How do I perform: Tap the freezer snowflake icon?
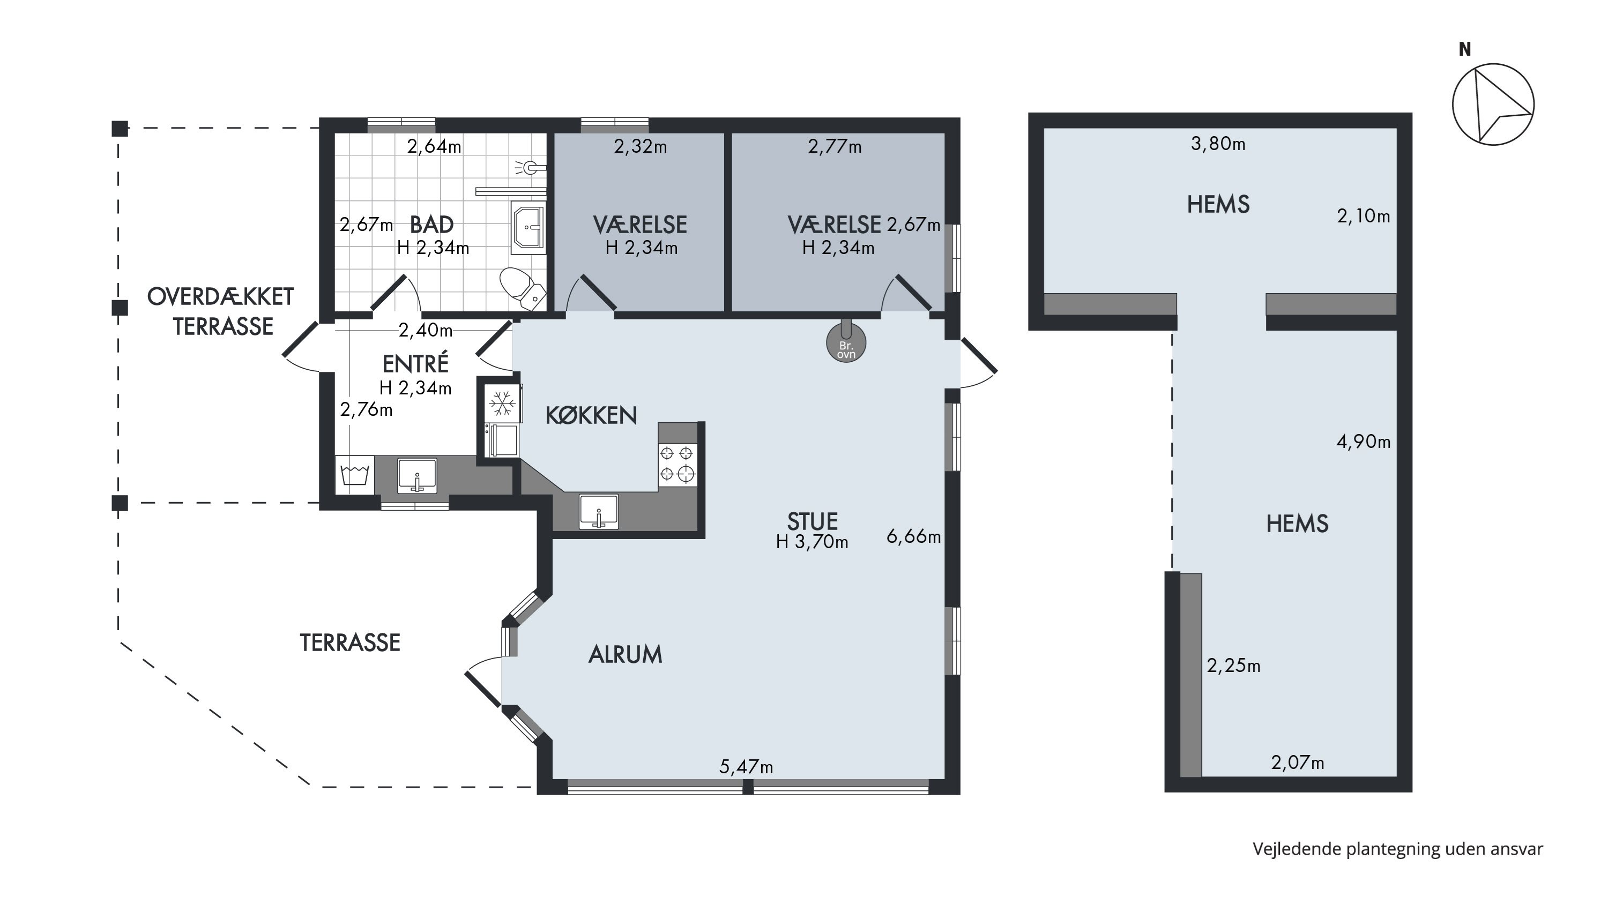(502, 403)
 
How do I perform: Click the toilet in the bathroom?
(522, 288)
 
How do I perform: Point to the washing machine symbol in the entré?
(354, 475)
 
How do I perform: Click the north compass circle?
(1493, 103)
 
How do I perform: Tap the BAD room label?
(431, 224)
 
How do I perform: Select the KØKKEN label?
(591, 415)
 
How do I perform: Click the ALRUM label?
(625, 654)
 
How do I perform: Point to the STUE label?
(812, 521)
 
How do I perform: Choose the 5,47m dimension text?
(746, 766)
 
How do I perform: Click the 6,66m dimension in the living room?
(913, 536)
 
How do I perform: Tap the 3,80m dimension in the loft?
(1218, 144)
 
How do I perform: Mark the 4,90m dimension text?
(1363, 442)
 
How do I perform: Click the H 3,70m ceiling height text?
(812, 542)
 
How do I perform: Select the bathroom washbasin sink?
(528, 227)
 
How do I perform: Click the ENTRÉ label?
(415, 363)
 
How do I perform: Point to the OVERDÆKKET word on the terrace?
(220, 297)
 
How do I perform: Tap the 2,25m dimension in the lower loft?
(1233, 666)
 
